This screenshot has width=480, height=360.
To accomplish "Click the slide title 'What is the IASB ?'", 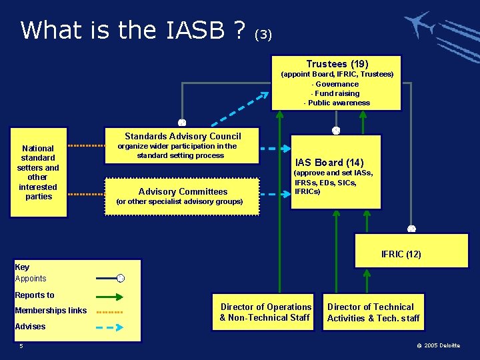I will [x=133, y=30].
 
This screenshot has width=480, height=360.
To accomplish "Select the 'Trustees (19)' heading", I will [x=337, y=64].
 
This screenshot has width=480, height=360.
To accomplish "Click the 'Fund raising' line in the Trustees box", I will [x=337, y=93].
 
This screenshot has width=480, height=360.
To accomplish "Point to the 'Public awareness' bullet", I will [x=337, y=103].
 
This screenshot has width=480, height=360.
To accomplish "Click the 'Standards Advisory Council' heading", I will [x=183, y=136].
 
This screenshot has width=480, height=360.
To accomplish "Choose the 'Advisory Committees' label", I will [x=183, y=191].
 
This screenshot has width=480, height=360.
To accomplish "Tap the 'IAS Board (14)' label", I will [x=329, y=162].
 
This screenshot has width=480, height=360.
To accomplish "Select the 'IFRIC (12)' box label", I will [x=401, y=254].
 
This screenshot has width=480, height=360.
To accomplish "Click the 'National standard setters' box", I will [x=38, y=172].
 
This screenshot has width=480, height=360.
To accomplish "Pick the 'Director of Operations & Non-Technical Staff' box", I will [x=266, y=312].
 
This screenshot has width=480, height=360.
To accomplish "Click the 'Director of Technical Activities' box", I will [x=373, y=312].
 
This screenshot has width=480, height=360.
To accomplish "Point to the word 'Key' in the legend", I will [x=22, y=267].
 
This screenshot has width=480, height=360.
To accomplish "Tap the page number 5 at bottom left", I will [x=21, y=345].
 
